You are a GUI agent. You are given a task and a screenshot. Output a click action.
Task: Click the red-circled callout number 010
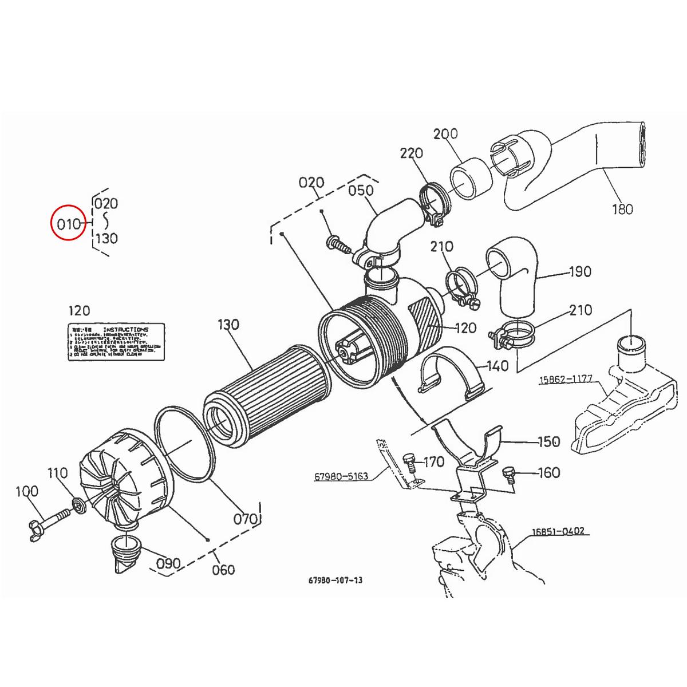(69, 223)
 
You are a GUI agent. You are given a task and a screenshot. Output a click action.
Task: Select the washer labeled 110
(76, 505)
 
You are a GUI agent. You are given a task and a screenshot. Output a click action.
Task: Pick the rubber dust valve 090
(127, 553)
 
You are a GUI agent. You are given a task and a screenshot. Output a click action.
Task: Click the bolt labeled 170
(410, 461)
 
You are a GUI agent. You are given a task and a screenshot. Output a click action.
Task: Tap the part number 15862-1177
(566, 380)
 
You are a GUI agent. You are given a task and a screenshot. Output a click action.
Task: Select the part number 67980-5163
(341, 476)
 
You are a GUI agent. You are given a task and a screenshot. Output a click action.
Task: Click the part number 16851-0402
(558, 531)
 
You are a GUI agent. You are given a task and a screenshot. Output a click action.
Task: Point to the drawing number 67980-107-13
(335, 580)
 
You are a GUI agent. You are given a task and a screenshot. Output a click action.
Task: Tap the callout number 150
(548, 442)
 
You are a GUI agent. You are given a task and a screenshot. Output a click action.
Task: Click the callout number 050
(361, 190)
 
